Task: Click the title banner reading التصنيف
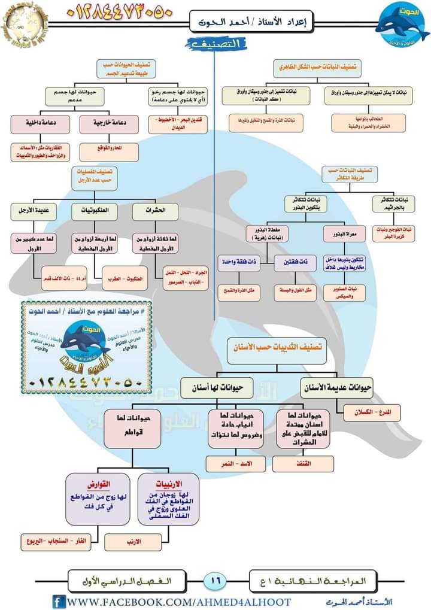217,44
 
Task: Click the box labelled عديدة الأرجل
34,211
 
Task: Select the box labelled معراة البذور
340,233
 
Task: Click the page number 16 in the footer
216,579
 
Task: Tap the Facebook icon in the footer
59,601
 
